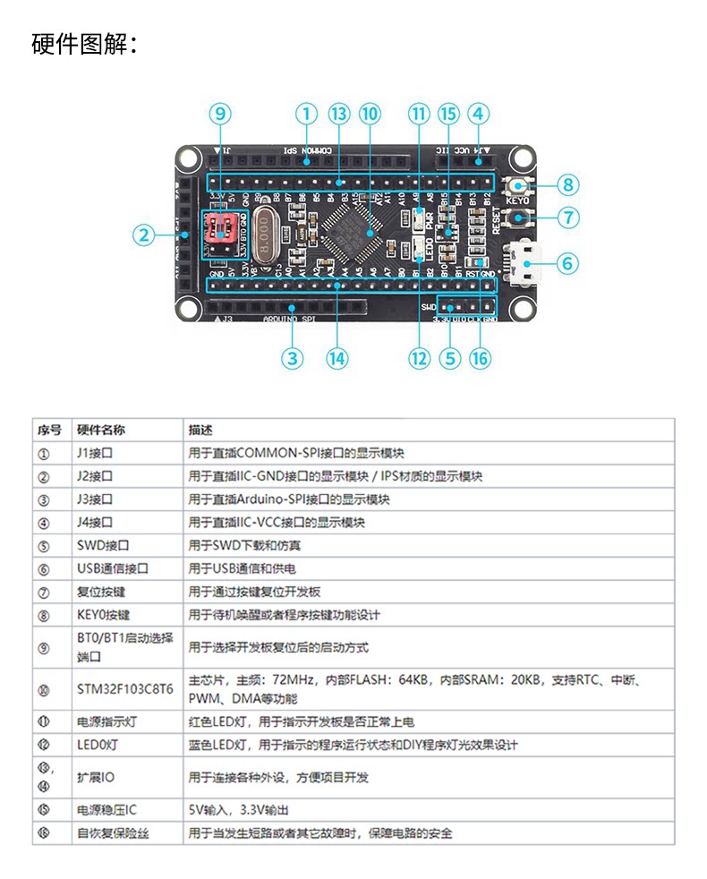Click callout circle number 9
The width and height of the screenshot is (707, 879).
(x=220, y=114)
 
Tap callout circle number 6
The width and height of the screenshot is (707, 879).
(x=567, y=263)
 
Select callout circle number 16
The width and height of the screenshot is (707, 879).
(x=480, y=357)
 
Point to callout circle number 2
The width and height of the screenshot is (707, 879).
(x=143, y=235)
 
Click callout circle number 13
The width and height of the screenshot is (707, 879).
(x=337, y=114)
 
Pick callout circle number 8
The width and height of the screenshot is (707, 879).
(x=567, y=185)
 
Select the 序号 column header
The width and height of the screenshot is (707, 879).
(x=49, y=430)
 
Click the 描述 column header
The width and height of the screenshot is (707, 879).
(x=200, y=430)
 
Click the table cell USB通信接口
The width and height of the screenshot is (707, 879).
(x=113, y=568)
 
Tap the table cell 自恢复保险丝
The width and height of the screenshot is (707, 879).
(x=113, y=832)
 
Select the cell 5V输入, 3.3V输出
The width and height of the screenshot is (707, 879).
(x=238, y=810)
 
